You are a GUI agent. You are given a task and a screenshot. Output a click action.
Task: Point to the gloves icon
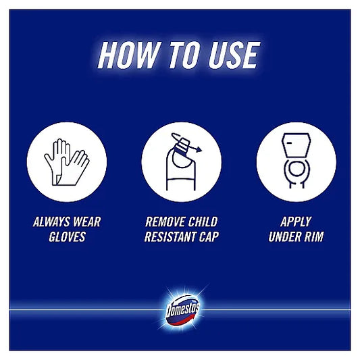tap(66, 162)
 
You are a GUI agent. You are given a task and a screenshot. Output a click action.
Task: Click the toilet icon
tap(296, 162)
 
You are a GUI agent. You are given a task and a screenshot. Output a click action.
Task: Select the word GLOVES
tap(66, 237)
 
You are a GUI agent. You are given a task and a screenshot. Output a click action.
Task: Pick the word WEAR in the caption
tap(86, 221)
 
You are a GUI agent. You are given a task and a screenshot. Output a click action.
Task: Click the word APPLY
tap(296, 221)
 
